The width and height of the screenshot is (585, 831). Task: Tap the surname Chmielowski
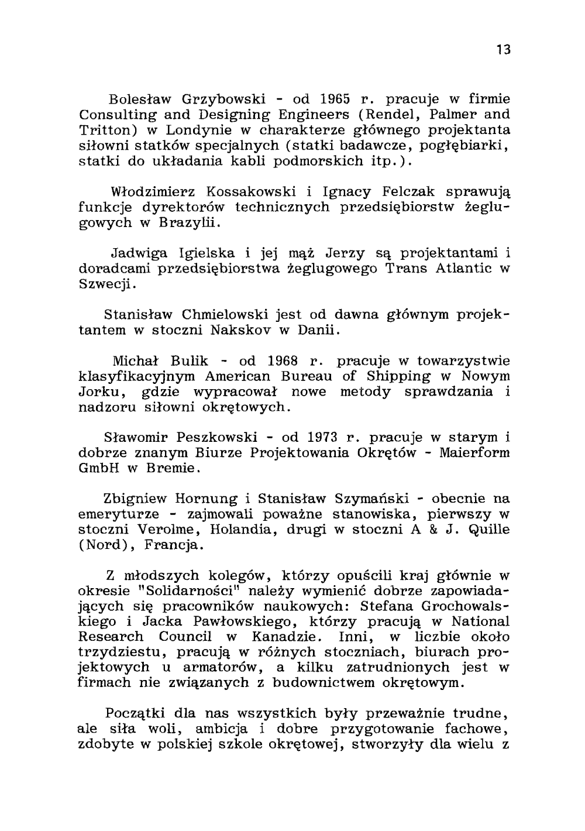pos(222,315)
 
